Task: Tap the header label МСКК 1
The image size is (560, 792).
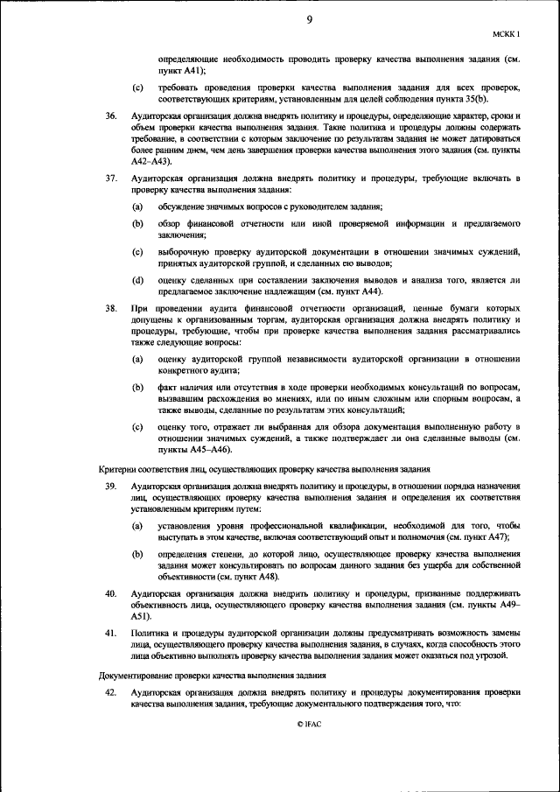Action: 506,35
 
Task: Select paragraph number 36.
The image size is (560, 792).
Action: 110,116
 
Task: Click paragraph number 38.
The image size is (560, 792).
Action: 110,309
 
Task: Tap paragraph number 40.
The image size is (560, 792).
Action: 110,593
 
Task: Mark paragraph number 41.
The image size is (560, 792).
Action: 110,632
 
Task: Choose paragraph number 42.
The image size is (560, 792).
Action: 110,692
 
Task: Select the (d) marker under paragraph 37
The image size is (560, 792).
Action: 137,280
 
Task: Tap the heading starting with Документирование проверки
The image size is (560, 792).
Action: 213,676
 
